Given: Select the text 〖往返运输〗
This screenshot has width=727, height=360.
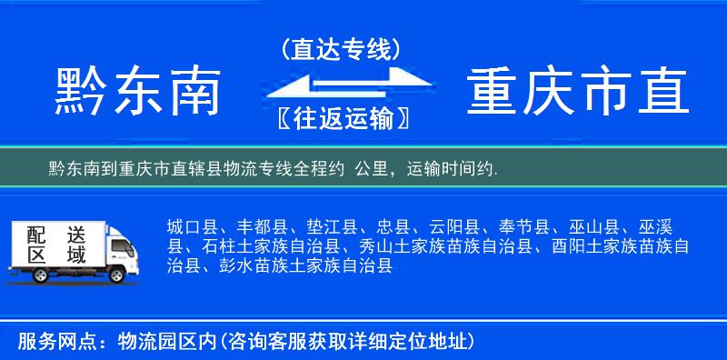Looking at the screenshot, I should [340, 118].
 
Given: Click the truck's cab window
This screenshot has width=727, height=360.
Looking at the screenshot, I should [116, 245].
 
